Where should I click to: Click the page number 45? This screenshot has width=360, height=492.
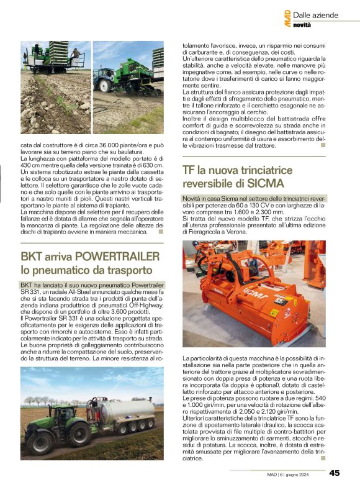click(335, 473)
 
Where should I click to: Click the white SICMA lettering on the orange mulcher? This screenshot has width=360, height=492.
click(252, 289)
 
